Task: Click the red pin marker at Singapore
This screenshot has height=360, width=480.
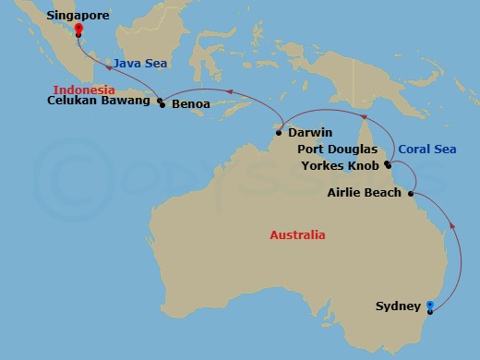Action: point(78,30)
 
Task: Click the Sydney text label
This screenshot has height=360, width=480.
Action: point(399,306)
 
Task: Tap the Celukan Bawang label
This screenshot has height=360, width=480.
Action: point(100,102)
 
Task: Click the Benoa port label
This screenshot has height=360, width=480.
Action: point(191,104)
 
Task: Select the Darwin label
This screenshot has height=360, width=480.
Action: point(310,133)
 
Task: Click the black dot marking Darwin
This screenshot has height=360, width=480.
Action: point(279,133)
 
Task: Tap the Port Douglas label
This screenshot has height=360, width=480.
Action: point(339,150)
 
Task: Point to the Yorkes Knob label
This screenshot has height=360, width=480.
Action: point(340,166)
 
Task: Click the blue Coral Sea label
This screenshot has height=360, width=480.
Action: point(426,150)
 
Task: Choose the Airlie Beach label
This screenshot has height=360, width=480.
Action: point(365,193)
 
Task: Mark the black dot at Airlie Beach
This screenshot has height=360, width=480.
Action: point(410,193)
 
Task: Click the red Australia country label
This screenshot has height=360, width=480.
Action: point(297,235)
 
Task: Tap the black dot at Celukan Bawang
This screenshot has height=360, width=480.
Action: point(159,101)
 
